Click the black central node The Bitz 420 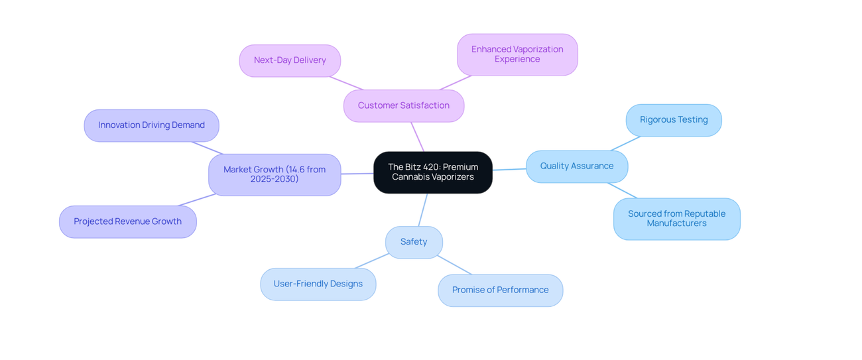(x=433, y=172)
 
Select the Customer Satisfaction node (x=404, y=106)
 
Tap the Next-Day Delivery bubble (x=290, y=60)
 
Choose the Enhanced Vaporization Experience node (x=517, y=54)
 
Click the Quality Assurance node (x=577, y=166)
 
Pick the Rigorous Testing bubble (x=674, y=120)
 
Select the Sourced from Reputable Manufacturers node (x=677, y=219)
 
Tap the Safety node (x=414, y=242)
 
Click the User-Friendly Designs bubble (x=318, y=284)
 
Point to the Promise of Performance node (x=500, y=290)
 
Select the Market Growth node (x=275, y=174)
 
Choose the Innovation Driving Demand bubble (x=152, y=125)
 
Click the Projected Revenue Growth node (x=128, y=222)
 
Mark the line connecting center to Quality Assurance (x=509, y=169)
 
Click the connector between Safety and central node (x=423, y=210)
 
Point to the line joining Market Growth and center (x=357, y=174)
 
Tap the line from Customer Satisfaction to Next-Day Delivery (x=346, y=83)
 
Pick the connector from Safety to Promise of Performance (x=454, y=265)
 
